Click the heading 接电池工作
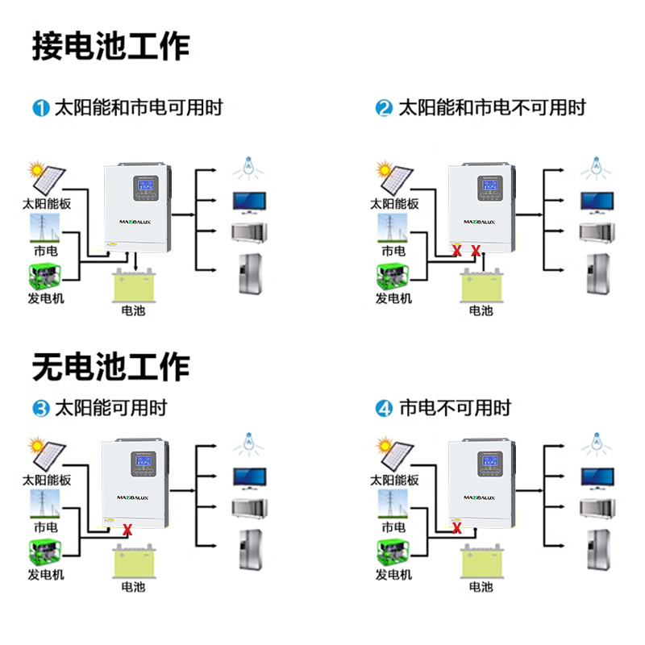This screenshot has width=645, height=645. [x=110, y=46]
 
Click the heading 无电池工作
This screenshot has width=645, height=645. [x=110, y=367]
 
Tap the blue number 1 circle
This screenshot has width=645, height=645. [x=41, y=108]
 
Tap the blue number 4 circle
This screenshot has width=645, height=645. [x=385, y=409]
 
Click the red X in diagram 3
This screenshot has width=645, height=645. [x=127, y=530]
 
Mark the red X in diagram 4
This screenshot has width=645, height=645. [x=457, y=529]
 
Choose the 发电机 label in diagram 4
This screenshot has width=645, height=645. [x=393, y=575]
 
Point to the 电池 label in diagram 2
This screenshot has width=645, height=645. [x=481, y=310]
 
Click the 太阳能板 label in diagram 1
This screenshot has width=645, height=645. [x=47, y=204]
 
